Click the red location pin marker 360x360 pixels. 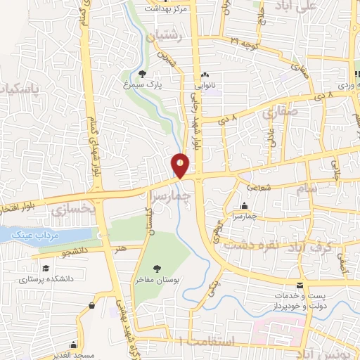[181, 166]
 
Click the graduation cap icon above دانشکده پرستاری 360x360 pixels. [45, 269]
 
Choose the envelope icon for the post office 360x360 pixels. [300, 285]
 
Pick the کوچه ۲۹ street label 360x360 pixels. [243, 41]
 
